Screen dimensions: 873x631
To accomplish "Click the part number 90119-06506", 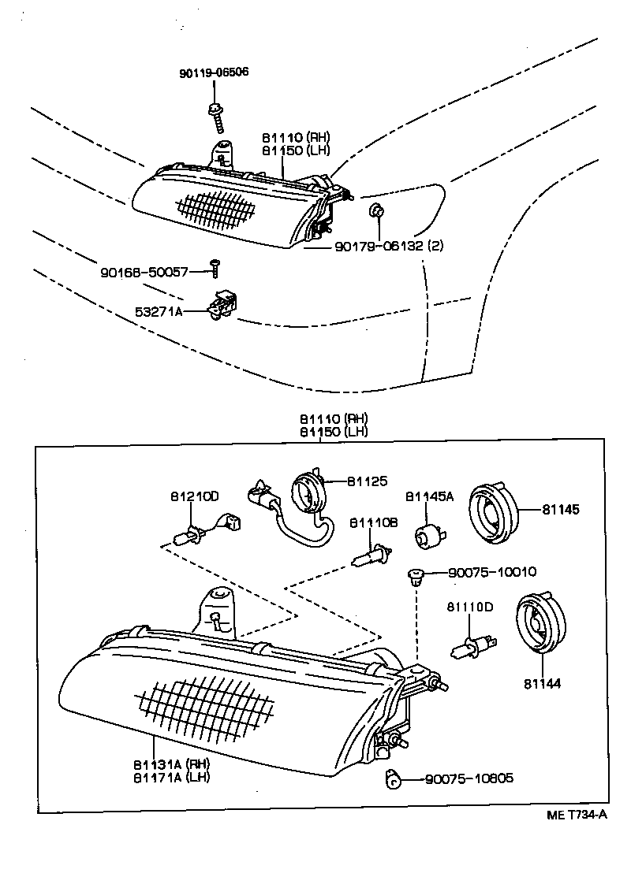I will (214, 72).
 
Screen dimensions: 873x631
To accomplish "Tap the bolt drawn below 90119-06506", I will (215, 116).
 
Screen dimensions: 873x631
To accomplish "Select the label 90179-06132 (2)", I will (389, 246).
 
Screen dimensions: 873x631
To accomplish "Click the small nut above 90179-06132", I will (377, 210).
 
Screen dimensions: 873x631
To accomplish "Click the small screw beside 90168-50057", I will (214, 269).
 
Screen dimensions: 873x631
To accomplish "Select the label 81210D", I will (194, 496).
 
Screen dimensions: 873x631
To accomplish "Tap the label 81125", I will (368, 481).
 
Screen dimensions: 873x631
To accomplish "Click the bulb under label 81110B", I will (371, 556).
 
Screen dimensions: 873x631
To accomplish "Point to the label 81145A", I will (430, 496).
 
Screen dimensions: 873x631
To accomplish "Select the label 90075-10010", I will (481, 572).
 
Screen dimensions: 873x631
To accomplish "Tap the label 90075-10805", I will (469, 778).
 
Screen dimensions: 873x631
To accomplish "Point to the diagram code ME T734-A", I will (577, 815).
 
